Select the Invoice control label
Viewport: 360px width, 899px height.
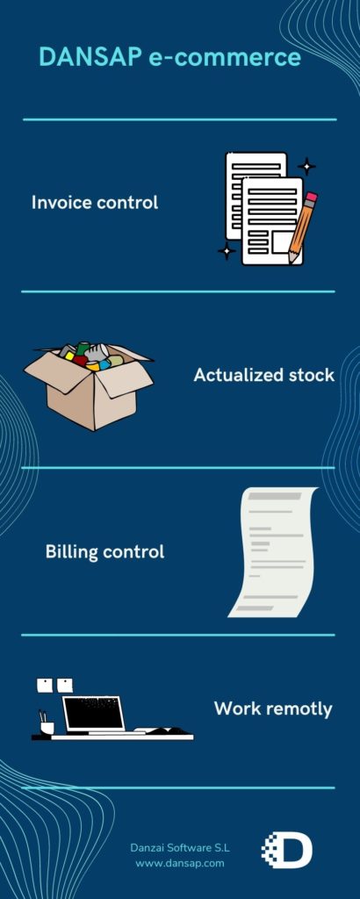pos(95,203)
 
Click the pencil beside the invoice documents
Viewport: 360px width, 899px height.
pos(302,228)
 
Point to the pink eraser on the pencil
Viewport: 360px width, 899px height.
pos(312,198)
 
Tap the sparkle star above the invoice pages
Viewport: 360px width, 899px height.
pos(306,166)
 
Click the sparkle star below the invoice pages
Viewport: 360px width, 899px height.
pos(227,250)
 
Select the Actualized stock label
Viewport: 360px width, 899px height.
pos(263,375)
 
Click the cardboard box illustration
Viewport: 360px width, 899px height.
pos(89,385)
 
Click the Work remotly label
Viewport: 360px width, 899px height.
pos(273,708)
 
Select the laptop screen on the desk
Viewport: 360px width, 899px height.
pos(93,714)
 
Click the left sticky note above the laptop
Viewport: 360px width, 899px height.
pos(45,685)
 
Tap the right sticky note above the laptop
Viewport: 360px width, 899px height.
pos(65,685)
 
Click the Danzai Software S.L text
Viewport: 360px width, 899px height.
pos(180,847)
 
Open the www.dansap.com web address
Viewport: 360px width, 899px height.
pos(180,862)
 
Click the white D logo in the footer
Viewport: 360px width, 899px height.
pos(287,850)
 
